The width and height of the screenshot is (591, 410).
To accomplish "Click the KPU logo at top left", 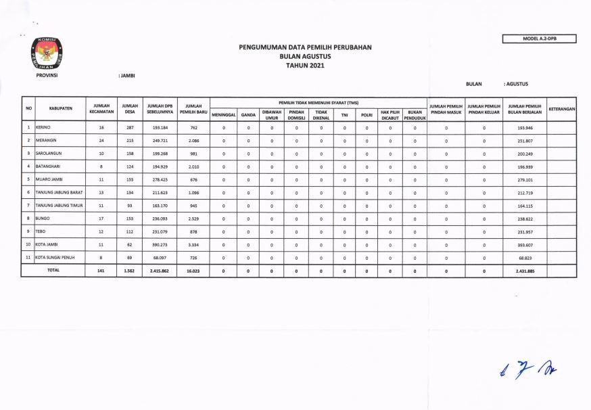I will point(47,53).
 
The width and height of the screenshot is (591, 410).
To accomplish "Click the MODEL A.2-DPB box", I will point(539,39).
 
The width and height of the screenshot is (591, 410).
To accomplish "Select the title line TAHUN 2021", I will point(305,66).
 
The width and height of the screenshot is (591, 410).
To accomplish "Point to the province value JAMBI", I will point(127,75).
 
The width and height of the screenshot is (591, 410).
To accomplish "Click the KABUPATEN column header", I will point(61,108).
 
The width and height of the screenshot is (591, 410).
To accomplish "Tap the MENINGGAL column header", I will point(223,114).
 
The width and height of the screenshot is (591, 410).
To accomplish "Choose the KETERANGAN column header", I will point(561,108).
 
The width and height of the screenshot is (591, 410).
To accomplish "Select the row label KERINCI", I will point(45,127).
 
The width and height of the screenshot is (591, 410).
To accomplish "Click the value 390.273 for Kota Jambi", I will point(160,245).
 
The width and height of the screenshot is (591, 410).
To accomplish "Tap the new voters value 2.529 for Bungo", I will point(193,219).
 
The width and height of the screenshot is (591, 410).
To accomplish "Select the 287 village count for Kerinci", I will point(129,127).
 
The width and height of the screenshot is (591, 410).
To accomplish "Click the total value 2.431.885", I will point(525,271).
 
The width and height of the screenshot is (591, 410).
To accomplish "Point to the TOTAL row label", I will point(52,270).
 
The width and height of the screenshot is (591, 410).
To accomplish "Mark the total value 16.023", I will point(193,271).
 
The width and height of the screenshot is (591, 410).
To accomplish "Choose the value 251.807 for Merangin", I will point(525,141).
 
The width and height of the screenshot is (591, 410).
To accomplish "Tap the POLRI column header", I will point(367,114).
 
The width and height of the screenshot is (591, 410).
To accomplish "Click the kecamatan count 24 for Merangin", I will point(101,141).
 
